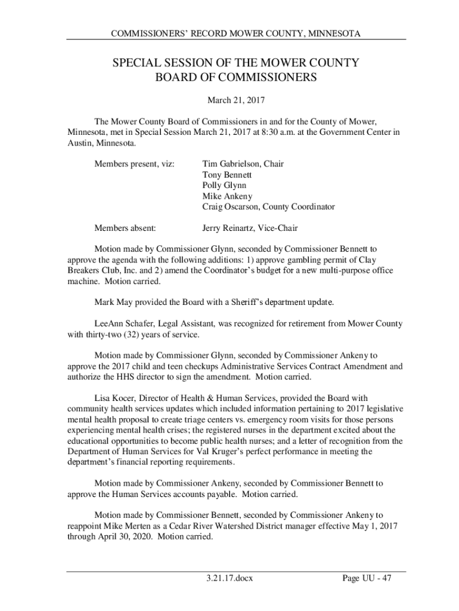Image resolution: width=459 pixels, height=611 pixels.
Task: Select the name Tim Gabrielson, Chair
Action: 243,163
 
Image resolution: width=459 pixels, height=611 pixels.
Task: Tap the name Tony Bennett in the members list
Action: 227,174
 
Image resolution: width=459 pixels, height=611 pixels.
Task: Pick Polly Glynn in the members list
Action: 224,185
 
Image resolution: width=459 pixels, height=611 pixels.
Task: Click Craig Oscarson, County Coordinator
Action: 268,206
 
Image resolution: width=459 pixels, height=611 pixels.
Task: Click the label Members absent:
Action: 125,228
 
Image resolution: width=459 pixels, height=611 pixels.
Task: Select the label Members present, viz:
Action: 134,163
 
